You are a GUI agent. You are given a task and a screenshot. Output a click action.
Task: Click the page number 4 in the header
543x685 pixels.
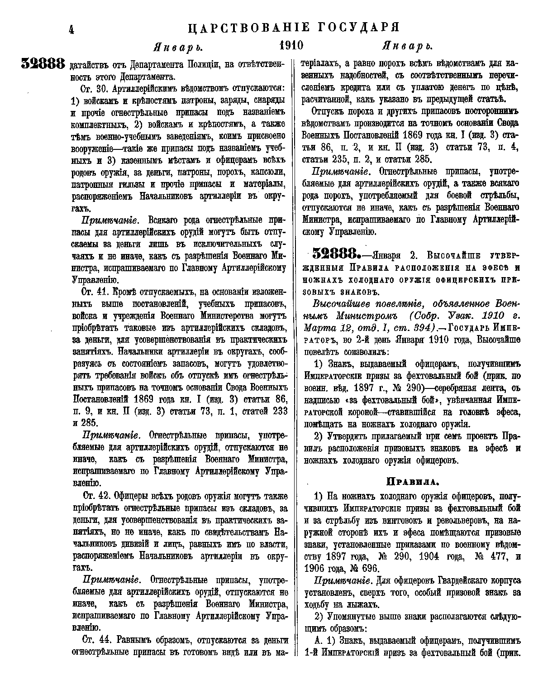pos(71,30)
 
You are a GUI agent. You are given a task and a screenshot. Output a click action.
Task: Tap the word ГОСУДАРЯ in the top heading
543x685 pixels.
pos(361,28)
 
